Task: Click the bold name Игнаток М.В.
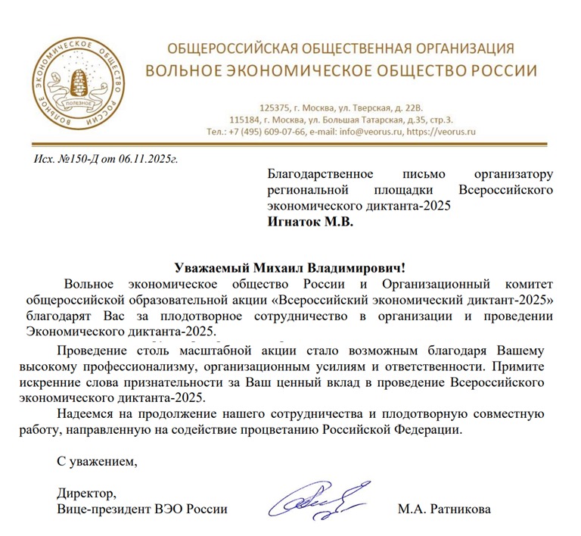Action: (311, 223)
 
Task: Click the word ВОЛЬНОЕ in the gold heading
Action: (182, 71)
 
